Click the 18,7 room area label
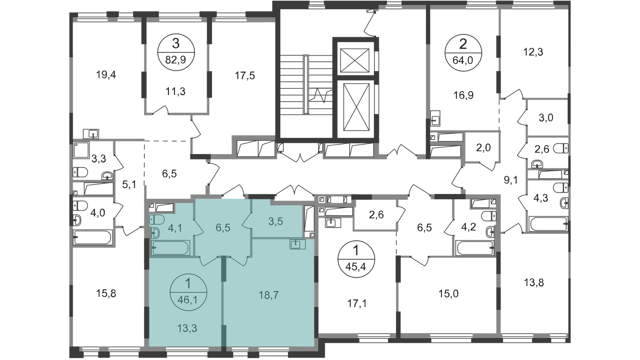click(x=269, y=295)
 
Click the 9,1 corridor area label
click(x=511, y=181)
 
